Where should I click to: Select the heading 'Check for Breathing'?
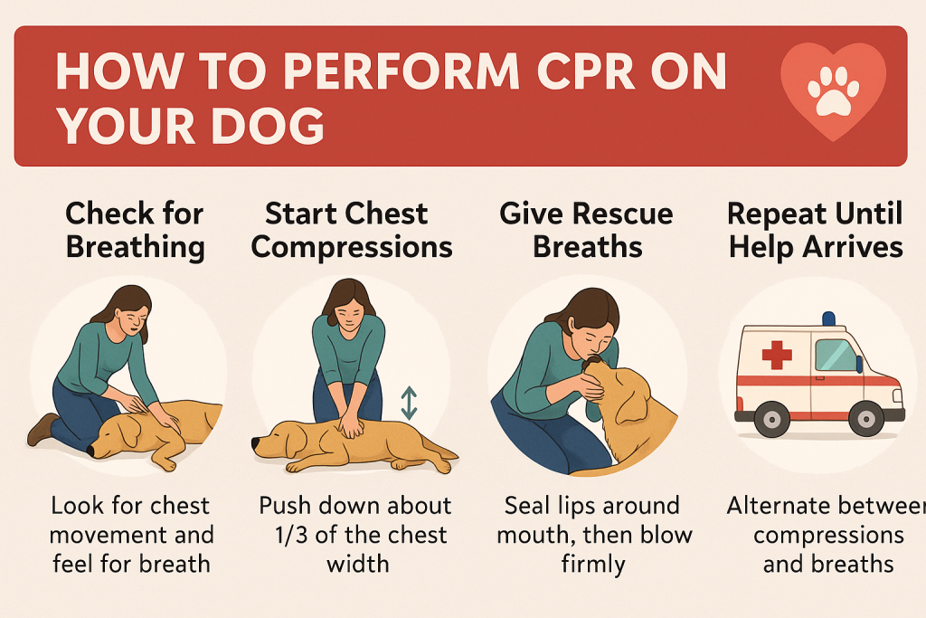[134, 230]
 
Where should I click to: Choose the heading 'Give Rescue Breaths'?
[586, 230]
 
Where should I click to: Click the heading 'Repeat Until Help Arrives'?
[815, 230]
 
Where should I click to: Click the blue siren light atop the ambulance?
[828, 319]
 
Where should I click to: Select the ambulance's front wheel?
[867, 418]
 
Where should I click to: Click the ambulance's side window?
[836, 355]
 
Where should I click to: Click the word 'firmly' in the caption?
[594, 565]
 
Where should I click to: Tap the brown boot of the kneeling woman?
[42, 429]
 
